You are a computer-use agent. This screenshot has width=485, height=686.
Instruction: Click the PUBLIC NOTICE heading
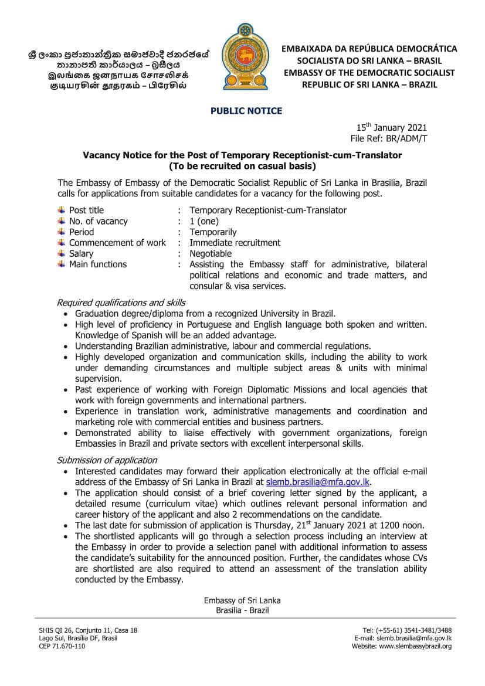(242, 111)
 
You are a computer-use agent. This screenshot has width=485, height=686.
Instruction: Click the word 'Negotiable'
(211, 254)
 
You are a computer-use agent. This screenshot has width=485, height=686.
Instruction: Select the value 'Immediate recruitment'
(235, 243)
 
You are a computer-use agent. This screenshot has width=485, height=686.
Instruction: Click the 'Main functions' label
(97, 264)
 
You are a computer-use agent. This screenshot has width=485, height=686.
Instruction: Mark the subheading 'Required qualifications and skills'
(121, 303)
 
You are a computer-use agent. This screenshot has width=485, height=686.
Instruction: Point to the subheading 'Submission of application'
(107, 460)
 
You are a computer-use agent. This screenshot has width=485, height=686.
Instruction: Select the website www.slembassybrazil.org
(415, 647)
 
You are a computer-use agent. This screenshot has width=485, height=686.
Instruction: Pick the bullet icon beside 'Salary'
(61, 254)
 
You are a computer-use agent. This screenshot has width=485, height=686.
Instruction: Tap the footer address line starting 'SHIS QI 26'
(88, 630)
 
